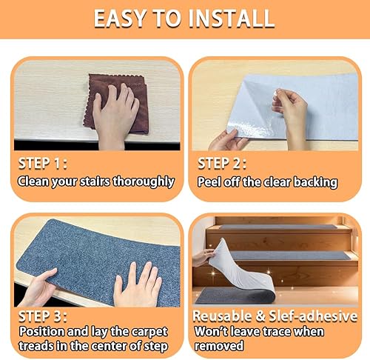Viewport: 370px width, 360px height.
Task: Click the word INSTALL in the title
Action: coord(232,19)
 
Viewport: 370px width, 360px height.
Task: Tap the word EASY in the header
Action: coord(120,19)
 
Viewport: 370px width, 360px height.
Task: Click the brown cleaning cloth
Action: coord(117,104)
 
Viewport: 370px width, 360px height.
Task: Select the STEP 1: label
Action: coord(43,164)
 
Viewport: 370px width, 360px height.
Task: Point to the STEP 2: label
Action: coord(222,164)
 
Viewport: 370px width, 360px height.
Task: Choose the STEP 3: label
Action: coord(43,316)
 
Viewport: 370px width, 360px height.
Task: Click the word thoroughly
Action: coord(144,182)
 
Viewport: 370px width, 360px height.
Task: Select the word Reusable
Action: coord(222,316)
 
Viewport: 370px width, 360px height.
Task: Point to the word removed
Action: coord(219,345)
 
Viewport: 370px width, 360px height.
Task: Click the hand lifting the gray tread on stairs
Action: coord(203,257)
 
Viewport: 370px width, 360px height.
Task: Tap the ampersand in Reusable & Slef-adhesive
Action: coord(260,316)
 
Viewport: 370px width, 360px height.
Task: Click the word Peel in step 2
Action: coord(209,182)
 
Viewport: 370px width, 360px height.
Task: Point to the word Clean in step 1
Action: coord(33,181)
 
